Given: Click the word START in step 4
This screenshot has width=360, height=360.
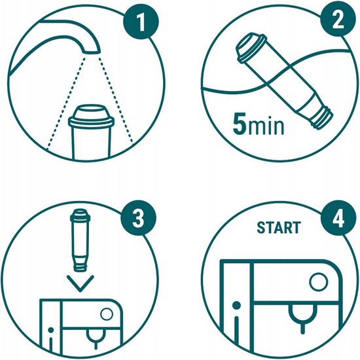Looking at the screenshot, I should click(x=279, y=228).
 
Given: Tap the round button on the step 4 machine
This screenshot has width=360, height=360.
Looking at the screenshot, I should click(x=318, y=283).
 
